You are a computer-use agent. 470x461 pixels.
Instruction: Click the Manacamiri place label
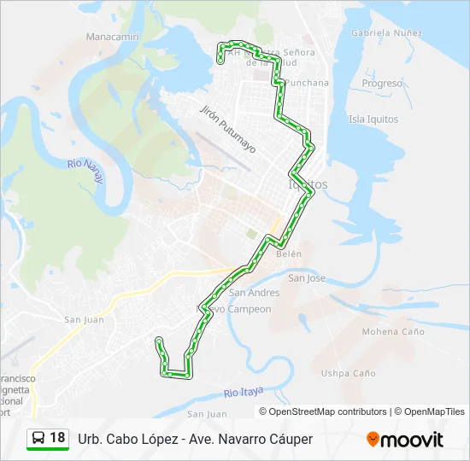coord(114,38)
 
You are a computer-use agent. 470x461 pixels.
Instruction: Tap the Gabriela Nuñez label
coord(386,32)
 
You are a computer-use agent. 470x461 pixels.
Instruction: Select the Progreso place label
coord(382,84)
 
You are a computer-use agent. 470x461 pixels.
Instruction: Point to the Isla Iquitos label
coord(373,120)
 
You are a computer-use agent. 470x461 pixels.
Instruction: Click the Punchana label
coord(308,83)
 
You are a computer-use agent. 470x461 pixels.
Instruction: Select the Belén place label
coord(290,254)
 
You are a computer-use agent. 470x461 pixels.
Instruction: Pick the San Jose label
coord(307,278)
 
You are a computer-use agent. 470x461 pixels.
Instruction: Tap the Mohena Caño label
coord(393,331)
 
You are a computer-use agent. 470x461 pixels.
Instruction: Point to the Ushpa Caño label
coord(348,373)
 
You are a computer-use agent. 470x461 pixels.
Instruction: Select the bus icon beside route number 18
coord(38,438)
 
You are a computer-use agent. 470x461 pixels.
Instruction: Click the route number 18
coord(57,438)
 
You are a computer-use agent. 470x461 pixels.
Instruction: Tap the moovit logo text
coord(413,441)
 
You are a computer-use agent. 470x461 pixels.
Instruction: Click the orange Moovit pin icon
coord(373,440)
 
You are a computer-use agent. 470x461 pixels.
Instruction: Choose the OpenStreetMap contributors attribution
coord(328,411)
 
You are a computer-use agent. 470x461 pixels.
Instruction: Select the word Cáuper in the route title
coord(291,439)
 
